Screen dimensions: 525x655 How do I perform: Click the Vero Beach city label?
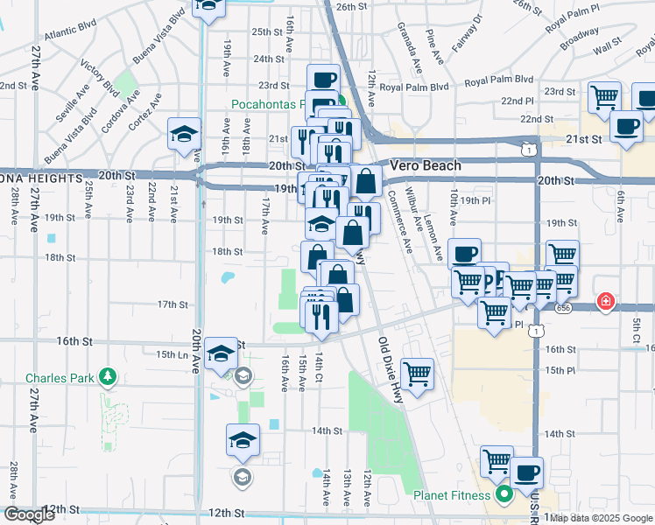pos(425,165)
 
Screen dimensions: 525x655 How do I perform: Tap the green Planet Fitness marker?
pos(504,496)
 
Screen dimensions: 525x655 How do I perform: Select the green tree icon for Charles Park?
pos(108,378)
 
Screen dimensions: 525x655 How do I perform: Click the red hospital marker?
pos(604,303)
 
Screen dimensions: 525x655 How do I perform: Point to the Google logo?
pos(29,515)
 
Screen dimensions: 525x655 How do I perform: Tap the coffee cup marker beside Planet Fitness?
pos(526,473)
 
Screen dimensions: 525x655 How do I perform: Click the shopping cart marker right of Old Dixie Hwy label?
pos(418,374)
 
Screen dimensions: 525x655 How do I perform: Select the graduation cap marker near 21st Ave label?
pos(184,135)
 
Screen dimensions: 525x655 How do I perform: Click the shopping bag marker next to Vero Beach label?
pos(367,181)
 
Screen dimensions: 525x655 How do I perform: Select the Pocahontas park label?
pos(266,104)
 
